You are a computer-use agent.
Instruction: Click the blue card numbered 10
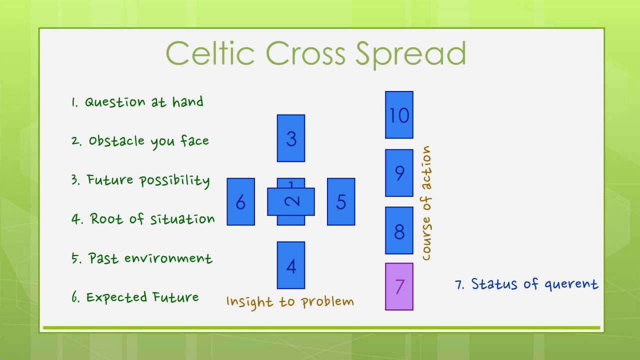(x=399, y=115)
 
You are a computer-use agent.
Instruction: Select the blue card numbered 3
(x=291, y=138)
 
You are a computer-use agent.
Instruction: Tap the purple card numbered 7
(x=399, y=286)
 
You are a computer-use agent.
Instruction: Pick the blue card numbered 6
(x=241, y=201)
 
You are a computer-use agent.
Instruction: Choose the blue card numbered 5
(x=341, y=201)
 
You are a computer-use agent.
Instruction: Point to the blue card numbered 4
(x=291, y=265)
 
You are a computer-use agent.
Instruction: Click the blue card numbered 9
(x=399, y=173)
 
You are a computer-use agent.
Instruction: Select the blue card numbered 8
(x=399, y=230)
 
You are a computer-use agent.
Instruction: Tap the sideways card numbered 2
(x=291, y=201)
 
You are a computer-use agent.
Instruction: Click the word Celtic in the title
(x=210, y=53)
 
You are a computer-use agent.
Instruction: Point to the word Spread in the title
(x=410, y=54)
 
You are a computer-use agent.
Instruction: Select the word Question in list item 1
(x=115, y=102)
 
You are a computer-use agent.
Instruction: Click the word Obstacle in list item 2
(x=116, y=140)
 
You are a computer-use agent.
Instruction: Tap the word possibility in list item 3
(x=174, y=181)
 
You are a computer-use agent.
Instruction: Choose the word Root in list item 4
(x=107, y=219)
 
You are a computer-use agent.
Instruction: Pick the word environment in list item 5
(x=168, y=258)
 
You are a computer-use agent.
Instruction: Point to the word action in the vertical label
(x=426, y=168)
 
